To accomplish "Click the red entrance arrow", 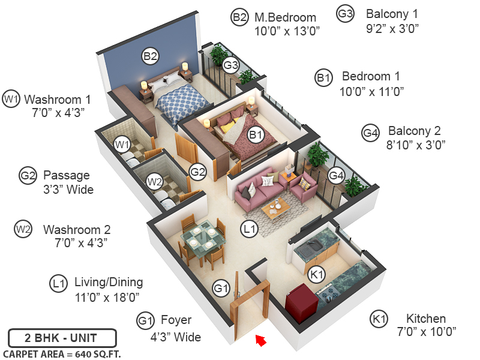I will coord(260,341).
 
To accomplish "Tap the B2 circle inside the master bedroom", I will coord(150,56).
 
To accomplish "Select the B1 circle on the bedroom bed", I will coord(256,136).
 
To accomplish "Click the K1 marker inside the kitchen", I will coord(316,274).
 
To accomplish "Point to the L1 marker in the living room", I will coord(249,228).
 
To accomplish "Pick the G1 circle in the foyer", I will coord(221,289).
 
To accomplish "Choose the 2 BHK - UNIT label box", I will coord(62,338).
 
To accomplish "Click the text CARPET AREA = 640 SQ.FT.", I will coord(62,354).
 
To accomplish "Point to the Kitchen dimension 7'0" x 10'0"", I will coord(425,331).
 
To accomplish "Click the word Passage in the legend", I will coord(66,176).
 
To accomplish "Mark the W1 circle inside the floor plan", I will coord(122,144).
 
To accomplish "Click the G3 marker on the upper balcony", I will coord(231,64).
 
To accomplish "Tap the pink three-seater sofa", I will coord(260,191).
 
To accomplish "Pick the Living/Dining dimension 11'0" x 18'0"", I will coord(109,296).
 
